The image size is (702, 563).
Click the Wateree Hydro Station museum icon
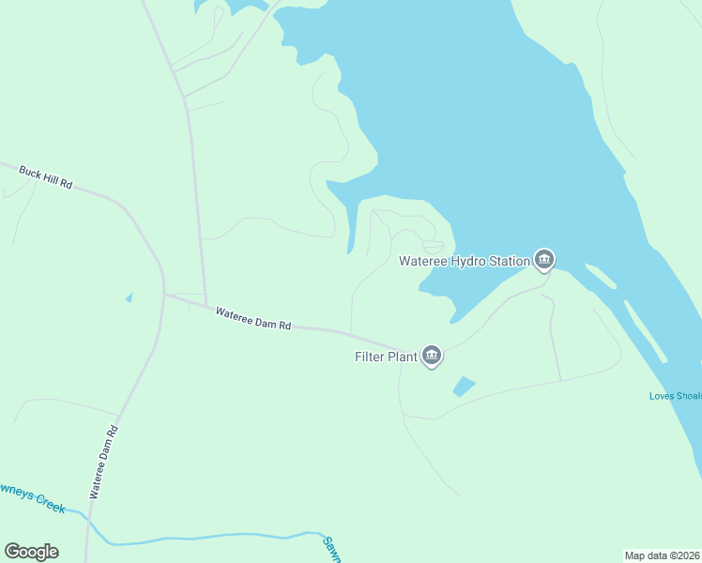click(543, 259)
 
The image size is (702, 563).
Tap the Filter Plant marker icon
click(432, 355)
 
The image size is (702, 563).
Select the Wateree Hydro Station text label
click(464, 261)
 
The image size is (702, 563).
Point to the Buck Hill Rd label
click(45, 176)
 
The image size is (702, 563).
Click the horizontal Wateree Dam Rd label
click(253, 319)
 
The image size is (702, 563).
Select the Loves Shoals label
click(675, 396)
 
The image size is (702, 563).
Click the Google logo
click(31, 552)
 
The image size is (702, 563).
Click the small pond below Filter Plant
click(464, 386)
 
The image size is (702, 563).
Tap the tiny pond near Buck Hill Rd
click(129, 298)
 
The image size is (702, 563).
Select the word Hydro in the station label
click(466, 261)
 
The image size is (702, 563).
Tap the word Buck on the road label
click(31, 173)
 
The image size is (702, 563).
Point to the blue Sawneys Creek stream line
click(206, 539)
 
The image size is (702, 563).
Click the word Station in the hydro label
click(508, 261)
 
